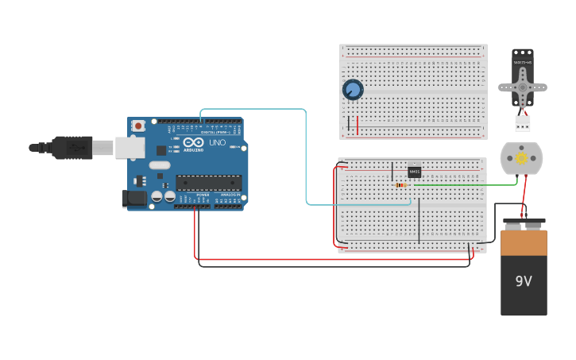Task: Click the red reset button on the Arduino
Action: click(138, 126)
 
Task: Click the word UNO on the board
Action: click(218, 143)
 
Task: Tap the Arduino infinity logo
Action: click(193, 143)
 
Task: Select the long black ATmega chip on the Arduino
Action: click(208, 182)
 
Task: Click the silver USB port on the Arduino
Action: click(130, 147)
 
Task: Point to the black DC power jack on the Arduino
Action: click(134, 199)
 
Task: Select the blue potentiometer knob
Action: click(353, 90)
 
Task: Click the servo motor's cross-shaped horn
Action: click(522, 86)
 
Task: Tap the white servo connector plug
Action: click(522, 123)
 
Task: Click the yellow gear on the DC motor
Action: click(521, 159)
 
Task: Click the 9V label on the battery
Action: click(524, 281)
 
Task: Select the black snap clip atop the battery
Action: click(524, 225)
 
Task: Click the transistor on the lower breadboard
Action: click(414, 172)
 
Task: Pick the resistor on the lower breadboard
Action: click(401, 185)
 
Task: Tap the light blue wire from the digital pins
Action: click(306, 159)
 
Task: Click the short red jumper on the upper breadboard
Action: click(358, 125)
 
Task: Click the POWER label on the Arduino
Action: click(203, 195)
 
